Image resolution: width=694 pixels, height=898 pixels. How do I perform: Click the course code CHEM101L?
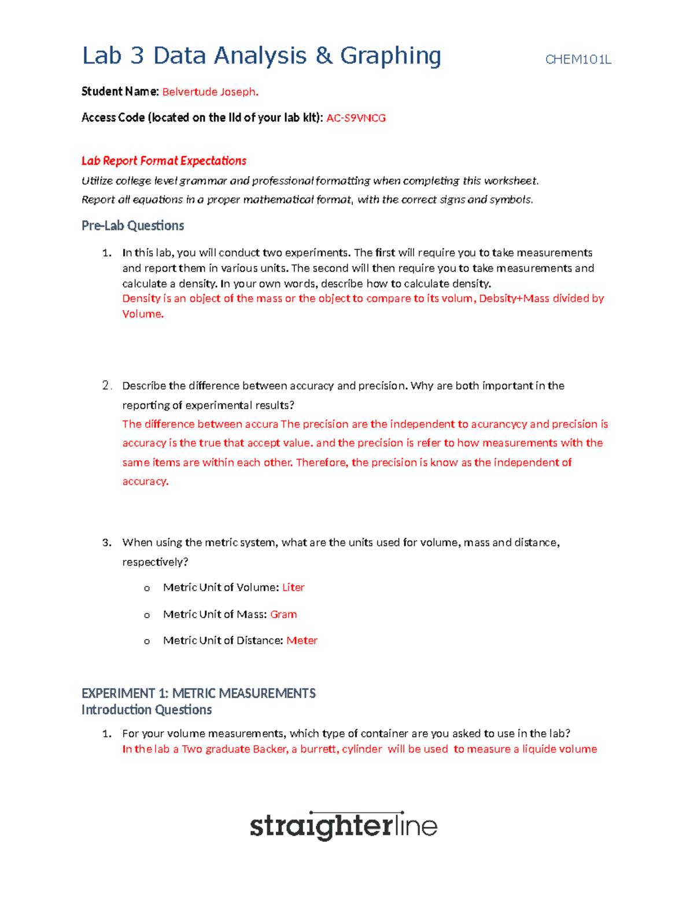tap(578, 60)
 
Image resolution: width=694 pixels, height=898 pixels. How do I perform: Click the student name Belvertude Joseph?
tap(210, 92)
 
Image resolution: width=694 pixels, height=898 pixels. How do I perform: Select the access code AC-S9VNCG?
tap(356, 118)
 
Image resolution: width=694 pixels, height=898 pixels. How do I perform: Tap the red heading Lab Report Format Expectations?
tap(164, 161)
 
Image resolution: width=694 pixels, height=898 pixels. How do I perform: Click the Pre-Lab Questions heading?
tap(132, 226)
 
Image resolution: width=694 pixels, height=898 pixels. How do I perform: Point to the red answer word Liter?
tap(293, 587)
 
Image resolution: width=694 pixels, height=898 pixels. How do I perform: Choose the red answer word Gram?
tap(283, 614)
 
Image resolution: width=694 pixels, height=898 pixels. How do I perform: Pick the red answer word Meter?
tap(302, 640)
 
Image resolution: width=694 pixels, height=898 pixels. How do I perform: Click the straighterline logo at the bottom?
tap(344, 825)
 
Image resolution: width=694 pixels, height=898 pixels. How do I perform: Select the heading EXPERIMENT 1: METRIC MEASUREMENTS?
tap(198, 693)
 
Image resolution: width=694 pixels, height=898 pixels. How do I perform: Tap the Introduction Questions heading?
tap(146, 709)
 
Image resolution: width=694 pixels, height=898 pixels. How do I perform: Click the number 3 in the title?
tap(136, 56)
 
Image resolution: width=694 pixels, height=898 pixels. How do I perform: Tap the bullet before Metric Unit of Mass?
tap(147, 615)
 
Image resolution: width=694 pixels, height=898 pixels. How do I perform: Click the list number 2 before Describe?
tap(106, 386)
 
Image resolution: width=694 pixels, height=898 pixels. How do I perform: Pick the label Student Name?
tap(120, 91)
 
